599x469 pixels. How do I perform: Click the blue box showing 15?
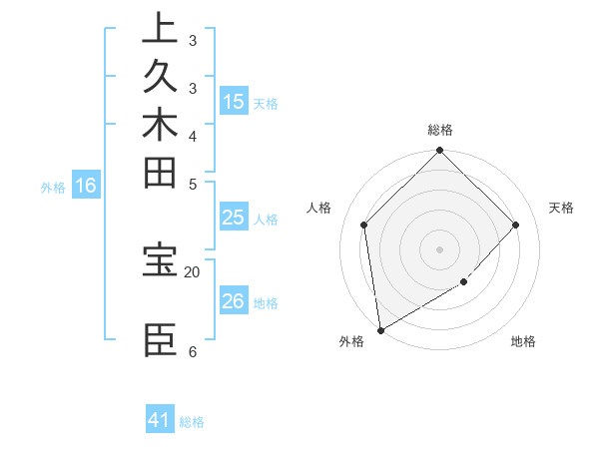(x=234, y=101)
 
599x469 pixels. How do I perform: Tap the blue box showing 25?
(x=234, y=218)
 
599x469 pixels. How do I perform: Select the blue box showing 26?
(x=234, y=301)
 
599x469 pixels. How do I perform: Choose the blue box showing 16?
(x=86, y=185)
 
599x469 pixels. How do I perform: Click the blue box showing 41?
(x=160, y=420)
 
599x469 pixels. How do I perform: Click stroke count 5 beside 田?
(x=193, y=183)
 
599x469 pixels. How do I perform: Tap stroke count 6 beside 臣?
(x=192, y=351)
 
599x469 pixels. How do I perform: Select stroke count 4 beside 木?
(x=193, y=135)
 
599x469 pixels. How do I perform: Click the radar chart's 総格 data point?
(x=439, y=152)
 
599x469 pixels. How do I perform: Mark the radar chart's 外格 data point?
(x=381, y=330)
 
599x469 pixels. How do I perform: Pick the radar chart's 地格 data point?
(x=464, y=283)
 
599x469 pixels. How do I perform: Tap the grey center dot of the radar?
(x=439, y=248)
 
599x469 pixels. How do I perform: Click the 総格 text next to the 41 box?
(x=192, y=421)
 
